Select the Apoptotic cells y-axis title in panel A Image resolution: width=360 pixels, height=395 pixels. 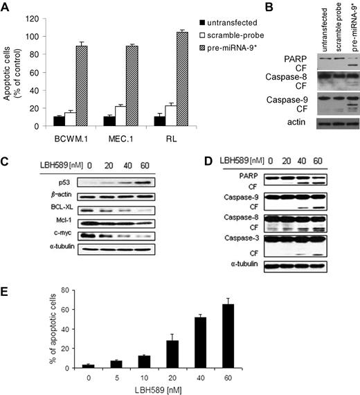pyautogui.click(x=9, y=69)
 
